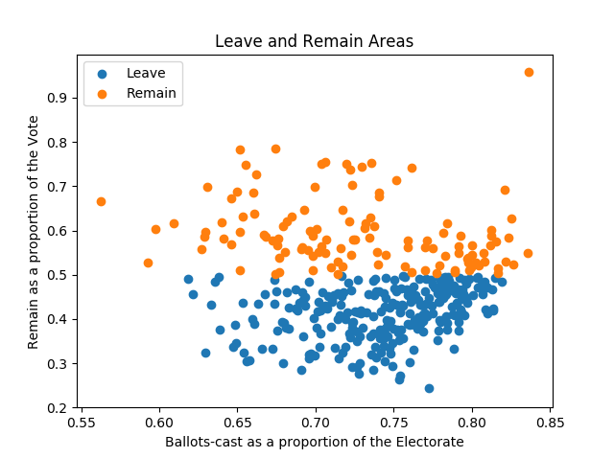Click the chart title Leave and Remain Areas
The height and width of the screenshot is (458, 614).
(x=314, y=41)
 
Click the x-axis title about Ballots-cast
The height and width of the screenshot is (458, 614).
(x=314, y=442)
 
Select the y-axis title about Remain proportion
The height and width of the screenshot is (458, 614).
(x=34, y=231)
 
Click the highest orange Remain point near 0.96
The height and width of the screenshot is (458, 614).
(x=529, y=72)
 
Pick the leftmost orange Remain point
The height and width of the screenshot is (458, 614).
(x=101, y=201)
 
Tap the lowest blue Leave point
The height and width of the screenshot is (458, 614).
(x=429, y=388)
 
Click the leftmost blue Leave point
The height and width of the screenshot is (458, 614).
(x=188, y=279)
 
